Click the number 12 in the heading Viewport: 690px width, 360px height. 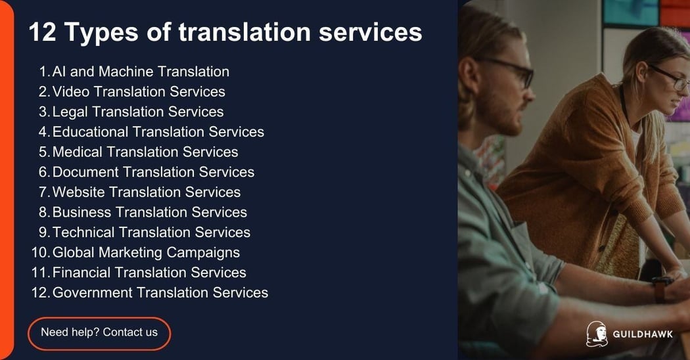(x=42, y=32)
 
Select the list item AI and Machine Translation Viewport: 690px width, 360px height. (x=141, y=72)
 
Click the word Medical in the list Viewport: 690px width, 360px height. (x=78, y=152)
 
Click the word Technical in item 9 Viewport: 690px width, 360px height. (x=83, y=233)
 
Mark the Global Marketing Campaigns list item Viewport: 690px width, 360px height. (x=146, y=252)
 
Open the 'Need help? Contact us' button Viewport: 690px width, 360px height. (x=99, y=332)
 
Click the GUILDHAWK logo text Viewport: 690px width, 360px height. (x=643, y=334)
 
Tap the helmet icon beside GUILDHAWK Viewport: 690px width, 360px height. (x=596, y=334)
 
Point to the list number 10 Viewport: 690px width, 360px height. (x=39, y=252)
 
